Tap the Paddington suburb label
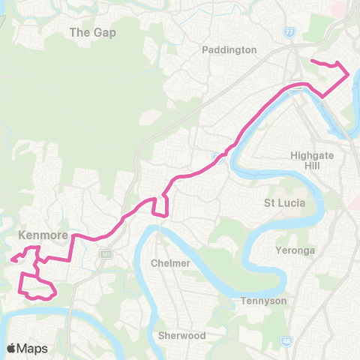[x=229, y=49]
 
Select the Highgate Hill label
[x=305, y=160]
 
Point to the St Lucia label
[x=280, y=203]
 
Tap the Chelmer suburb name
[x=171, y=264]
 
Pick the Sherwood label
[x=181, y=336]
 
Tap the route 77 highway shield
[x=289, y=32]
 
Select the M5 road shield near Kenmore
[x=106, y=253]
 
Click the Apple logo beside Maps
[x=11, y=348]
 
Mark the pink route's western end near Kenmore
[x=12, y=261]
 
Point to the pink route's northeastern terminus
[x=311, y=61]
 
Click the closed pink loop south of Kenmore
[x=37, y=286]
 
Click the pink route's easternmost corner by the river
[x=349, y=74]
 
